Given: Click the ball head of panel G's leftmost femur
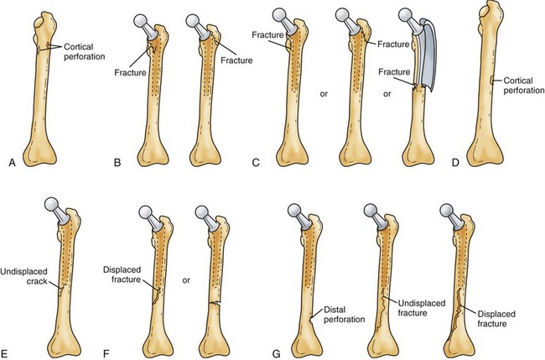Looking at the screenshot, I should (296, 213).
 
